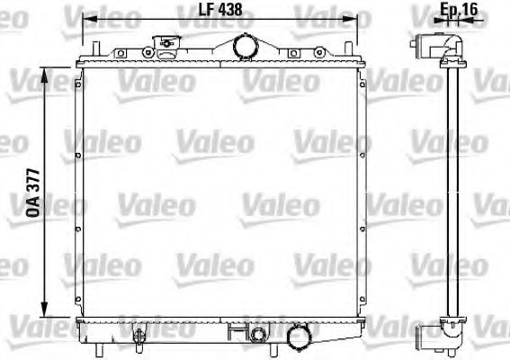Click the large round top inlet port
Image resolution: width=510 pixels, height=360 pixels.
[x=244, y=46]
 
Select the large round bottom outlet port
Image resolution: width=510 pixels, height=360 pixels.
[x=297, y=338]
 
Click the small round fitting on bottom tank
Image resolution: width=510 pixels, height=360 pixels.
[x=259, y=338]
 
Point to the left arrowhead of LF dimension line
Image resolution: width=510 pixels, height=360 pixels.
[x=87, y=21]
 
